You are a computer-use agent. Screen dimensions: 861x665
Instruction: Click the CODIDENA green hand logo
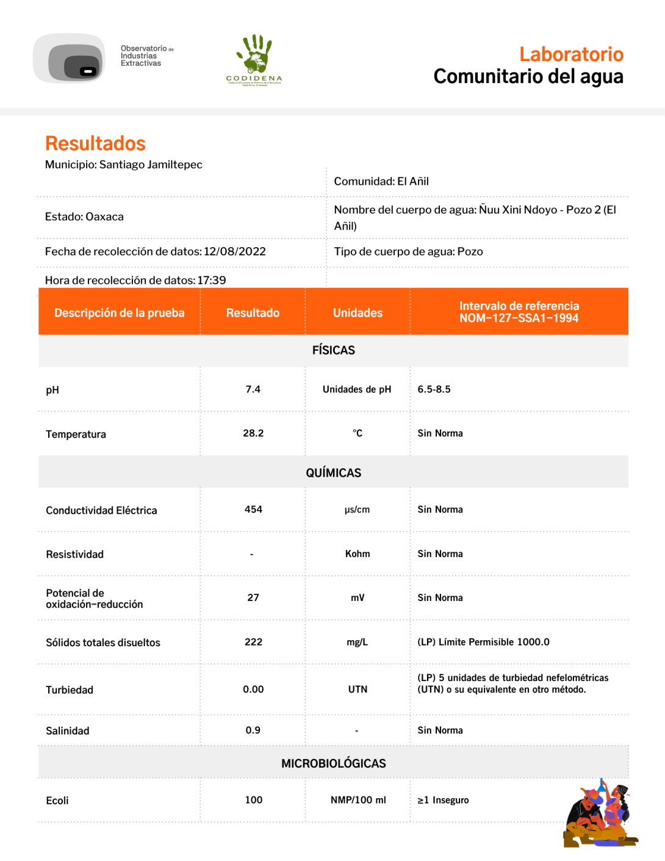click(x=254, y=59)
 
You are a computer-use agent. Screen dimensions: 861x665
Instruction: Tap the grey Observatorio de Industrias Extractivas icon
click(x=70, y=59)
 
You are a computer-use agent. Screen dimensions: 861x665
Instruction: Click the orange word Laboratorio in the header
click(x=571, y=54)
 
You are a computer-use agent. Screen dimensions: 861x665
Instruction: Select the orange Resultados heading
click(x=95, y=143)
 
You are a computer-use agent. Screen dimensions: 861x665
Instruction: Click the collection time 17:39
click(x=212, y=280)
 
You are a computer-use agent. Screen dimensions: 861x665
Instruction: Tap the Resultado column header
click(x=253, y=312)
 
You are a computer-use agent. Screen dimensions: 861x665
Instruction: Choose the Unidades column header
click(x=358, y=312)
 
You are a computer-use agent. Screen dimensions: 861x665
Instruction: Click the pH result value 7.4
click(x=253, y=389)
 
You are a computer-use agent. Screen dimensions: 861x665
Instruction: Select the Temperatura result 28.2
click(x=253, y=433)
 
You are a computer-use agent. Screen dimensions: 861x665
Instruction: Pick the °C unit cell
click(x=358, y=433)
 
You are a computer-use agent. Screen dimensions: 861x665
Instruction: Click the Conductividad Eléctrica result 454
click(x=253, y=510)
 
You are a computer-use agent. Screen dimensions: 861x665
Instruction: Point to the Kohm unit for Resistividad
click(x=358, y=553)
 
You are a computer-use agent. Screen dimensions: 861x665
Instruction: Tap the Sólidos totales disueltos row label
click(x=103, y=643)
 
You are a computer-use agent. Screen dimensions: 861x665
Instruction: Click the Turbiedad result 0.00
click(x=253, y=690)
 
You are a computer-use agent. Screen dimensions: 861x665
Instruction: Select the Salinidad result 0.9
click(x=253, y=730)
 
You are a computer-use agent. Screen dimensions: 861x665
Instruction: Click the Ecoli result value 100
click(x=254, y=800)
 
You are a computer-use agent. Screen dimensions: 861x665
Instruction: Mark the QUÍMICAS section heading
click(x=333, y=473)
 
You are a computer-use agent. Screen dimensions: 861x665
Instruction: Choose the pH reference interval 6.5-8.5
click(x=434, y=389)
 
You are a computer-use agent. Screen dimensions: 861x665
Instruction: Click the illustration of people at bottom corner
click(x=599, y=814)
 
